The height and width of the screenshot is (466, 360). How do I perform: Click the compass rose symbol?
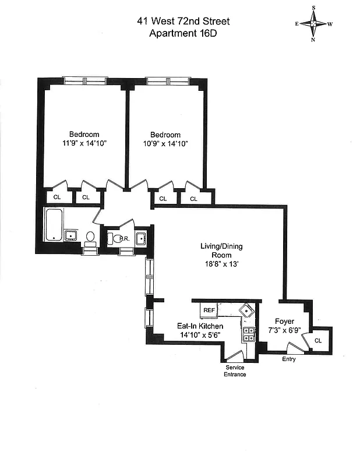click(x=313, y=24)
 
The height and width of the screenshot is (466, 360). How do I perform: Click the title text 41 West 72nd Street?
click(x=183, y=22)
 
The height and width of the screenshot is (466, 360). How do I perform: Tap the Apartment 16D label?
click(x=183, y=34)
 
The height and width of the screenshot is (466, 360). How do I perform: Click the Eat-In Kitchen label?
click(x=200, y=326)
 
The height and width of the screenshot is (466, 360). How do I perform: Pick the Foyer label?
click(x=285, y=322)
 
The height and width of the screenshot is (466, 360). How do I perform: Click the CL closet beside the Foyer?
click(x=319, y=341)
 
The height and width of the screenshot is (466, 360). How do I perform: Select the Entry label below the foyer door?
click(x=288, y=359)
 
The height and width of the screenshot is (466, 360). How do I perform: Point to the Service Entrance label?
click(x=235, y=371)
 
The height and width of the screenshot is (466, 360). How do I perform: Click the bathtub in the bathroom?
click(x=54, y=225)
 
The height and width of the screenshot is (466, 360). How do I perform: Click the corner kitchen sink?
click(x=248, y=310)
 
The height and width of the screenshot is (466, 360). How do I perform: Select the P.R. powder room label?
click(x=121, y=238)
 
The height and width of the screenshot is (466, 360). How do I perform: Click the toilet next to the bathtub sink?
click(x=90, y=236)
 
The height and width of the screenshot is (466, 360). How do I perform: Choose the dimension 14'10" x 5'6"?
click(x=200, y=336)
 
